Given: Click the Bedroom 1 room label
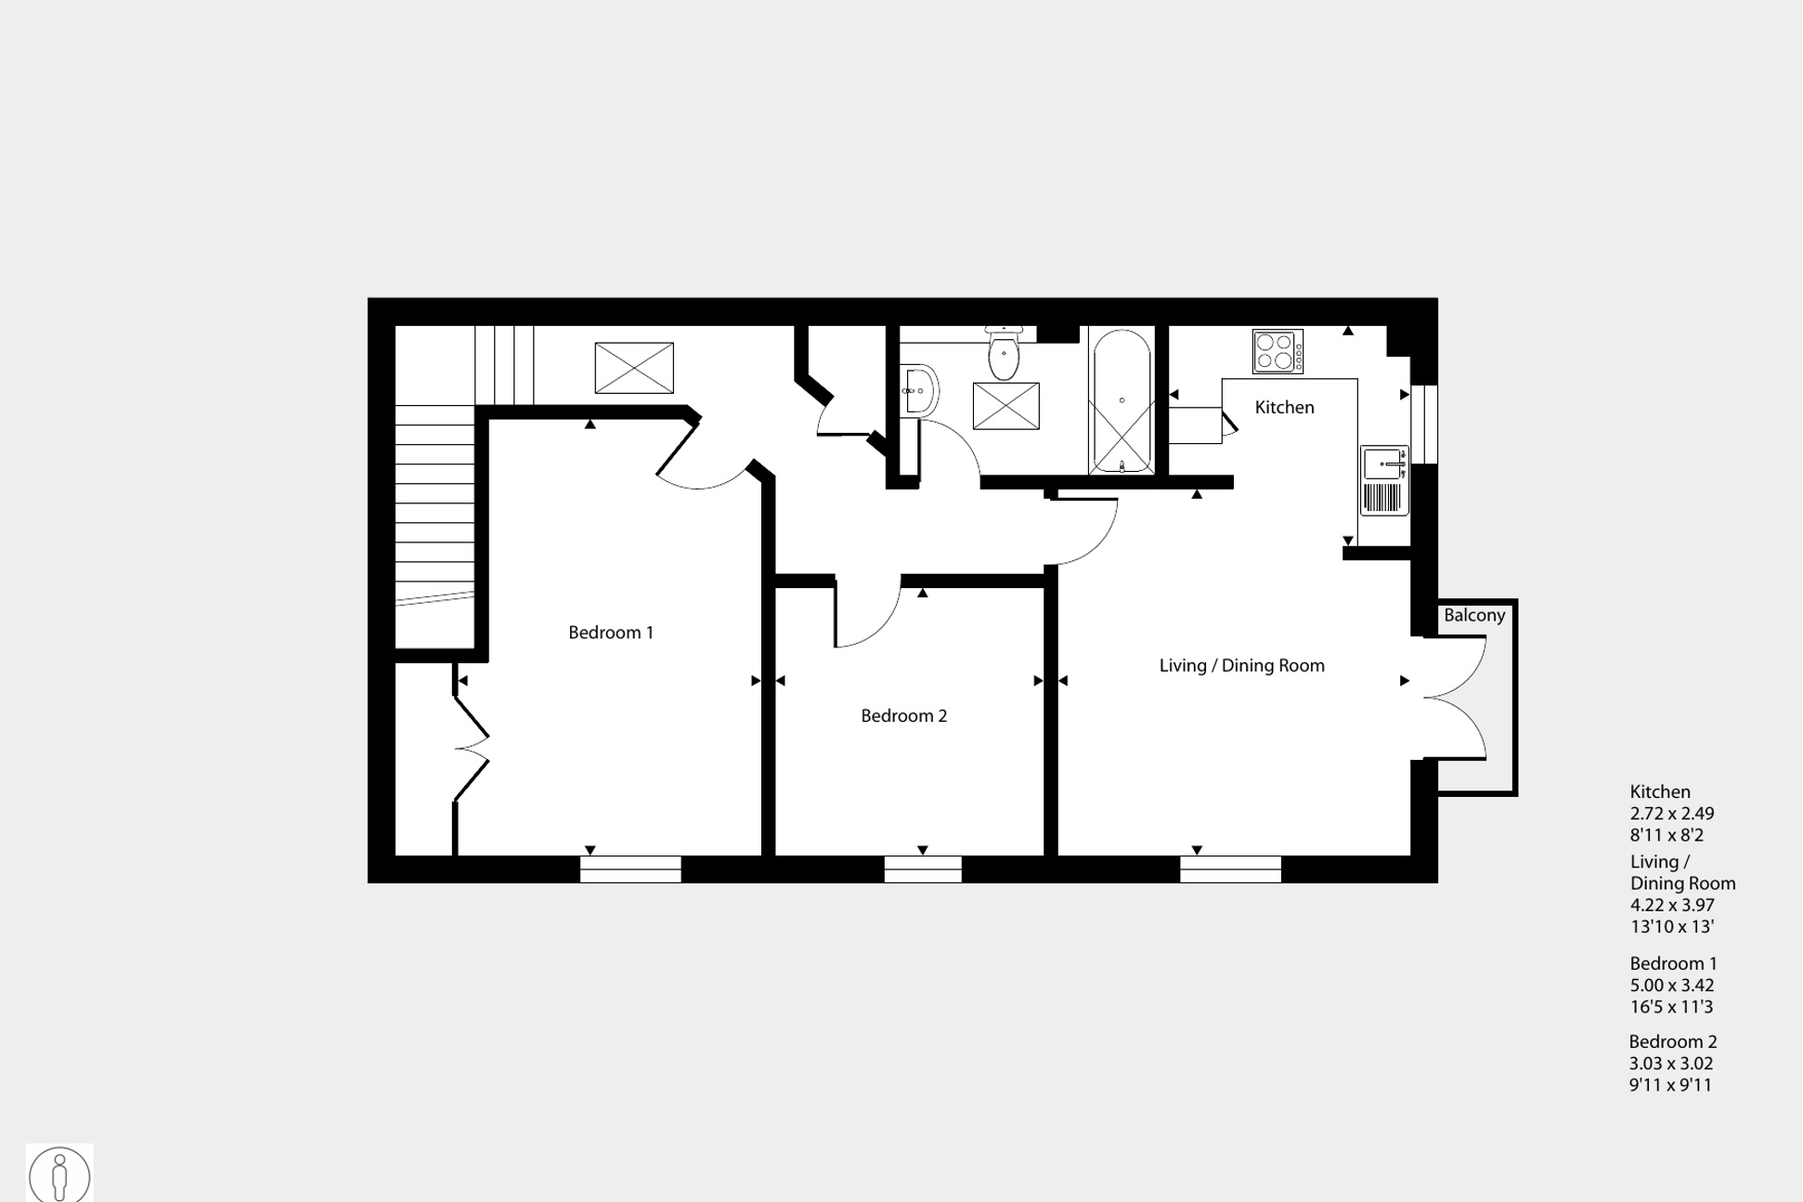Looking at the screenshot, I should click(611, 633).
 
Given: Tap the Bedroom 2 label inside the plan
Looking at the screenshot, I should click(903, 716).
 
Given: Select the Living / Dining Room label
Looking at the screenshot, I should click(1241, 666).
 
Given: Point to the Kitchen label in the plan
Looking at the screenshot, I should click(1284, 408).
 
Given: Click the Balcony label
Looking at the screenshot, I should click(1473, 616).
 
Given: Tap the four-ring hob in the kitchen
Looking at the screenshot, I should click(1278, 352).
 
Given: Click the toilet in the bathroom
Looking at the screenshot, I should click(1004, 354).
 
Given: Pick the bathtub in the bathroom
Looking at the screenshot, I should click(1122, 401).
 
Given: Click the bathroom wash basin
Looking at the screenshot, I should click(918, 389).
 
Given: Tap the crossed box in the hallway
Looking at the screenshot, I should click(634, 368).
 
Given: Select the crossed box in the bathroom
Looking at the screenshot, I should click(1005, 406).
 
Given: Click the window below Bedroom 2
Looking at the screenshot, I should click(923, 869).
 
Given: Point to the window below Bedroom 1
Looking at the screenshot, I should click(630, 869).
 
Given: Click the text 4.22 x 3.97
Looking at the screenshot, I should click(1672, 905).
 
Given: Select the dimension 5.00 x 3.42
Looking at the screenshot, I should click(1672, 986).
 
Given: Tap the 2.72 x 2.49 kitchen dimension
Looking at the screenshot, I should click(1672, 814).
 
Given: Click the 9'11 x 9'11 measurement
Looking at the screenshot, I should click(1670, 1085).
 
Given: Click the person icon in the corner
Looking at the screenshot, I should click(59, 1174).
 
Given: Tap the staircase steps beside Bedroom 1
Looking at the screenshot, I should click(435, 502).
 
